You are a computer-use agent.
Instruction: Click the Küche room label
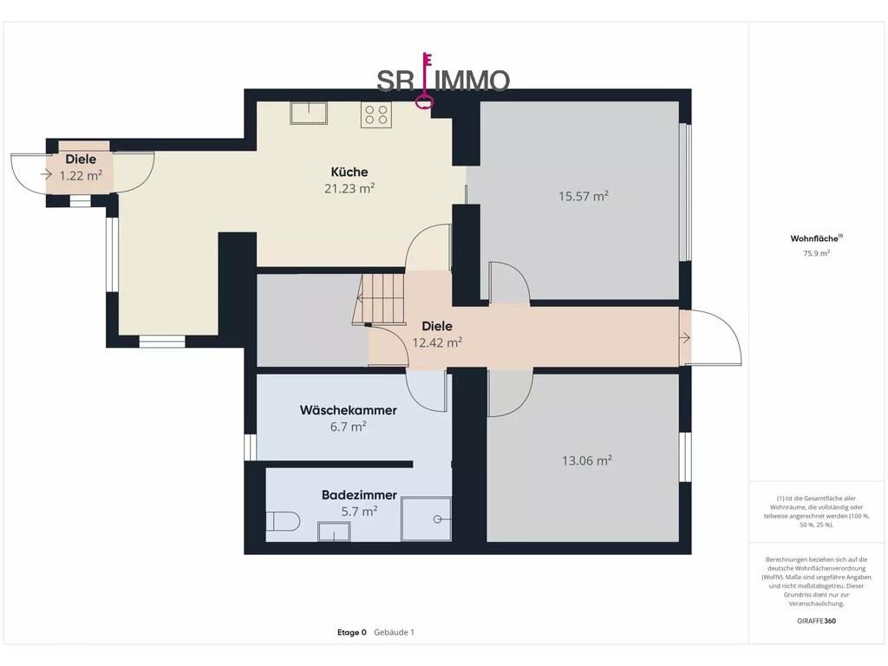[349, 172]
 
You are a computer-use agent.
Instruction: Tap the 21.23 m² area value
[349, 188]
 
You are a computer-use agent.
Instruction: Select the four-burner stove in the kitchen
[376, 114]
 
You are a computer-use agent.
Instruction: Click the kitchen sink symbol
[309, 113]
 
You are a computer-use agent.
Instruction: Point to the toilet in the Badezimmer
[283, 521]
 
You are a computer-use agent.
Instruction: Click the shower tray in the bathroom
[426, 519]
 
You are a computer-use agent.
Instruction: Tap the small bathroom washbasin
[334, 532]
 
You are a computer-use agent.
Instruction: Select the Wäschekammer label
[349, 410]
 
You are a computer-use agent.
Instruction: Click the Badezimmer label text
[359, 495]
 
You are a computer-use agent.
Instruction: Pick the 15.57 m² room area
[584, 196]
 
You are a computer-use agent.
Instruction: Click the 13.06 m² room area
[587, 460]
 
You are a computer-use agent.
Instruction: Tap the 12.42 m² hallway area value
[437, 342]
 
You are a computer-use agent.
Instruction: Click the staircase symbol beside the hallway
[379, 299]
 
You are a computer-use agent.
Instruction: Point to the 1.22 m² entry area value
[81, 175]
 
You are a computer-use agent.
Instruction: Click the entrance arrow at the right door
[684, 338]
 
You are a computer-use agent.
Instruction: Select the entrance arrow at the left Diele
[46, 174]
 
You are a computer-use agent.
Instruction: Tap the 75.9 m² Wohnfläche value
[816, 254]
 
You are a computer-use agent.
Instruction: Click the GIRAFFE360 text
[816, 621]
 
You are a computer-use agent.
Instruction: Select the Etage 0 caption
[352, 632]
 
